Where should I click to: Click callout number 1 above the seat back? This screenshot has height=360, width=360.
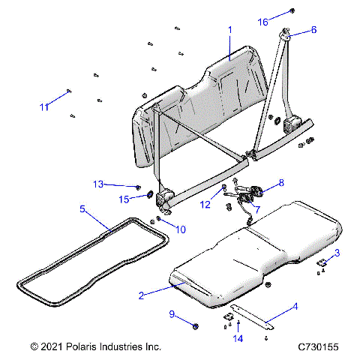(x=230, y=29)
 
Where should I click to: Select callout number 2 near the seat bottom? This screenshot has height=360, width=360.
(x=140, y=295)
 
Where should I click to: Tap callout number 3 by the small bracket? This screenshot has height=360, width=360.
(x=337, y=253)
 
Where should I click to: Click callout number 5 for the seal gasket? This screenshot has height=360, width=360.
(x=82, y=211)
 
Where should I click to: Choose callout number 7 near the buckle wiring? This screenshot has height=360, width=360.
(x=256, y=209)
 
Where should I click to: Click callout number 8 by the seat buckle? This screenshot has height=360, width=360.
(x=281, y=182)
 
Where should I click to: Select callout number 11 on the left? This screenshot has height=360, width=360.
(x=45, y=107)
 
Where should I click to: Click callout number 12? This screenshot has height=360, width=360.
(x=205, y=205)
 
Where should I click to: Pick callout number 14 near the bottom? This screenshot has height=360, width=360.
(x=238, y=338)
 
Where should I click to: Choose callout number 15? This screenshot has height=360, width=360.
(x=125, y=198)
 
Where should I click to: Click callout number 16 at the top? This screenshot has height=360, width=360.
(x=262, y=22)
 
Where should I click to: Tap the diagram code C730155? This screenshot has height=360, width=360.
(x=319, y=348)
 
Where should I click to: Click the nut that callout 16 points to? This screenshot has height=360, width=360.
(x=291, y=11)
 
